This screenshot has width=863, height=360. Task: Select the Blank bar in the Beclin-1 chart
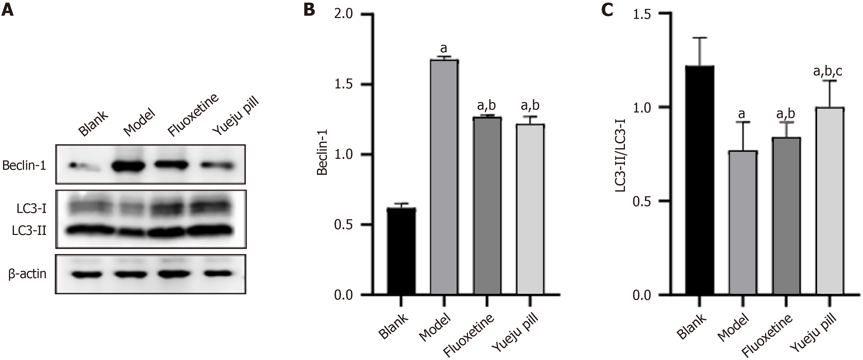pos(402,251)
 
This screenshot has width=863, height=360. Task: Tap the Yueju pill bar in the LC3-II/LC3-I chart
pos(830,201)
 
